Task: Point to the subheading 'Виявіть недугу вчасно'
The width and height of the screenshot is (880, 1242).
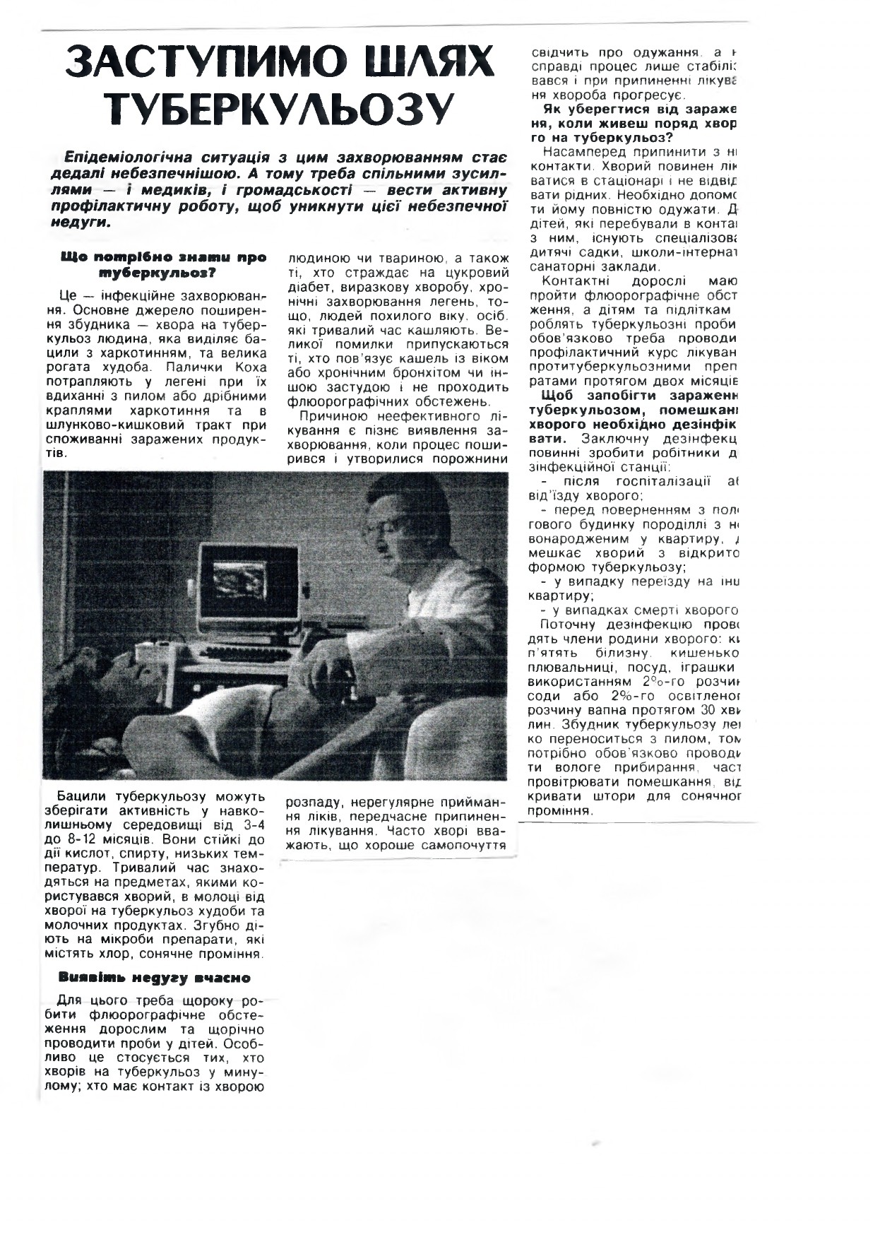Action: pos(155,978)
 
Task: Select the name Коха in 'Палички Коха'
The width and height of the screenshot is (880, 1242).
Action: pos(250,367)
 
